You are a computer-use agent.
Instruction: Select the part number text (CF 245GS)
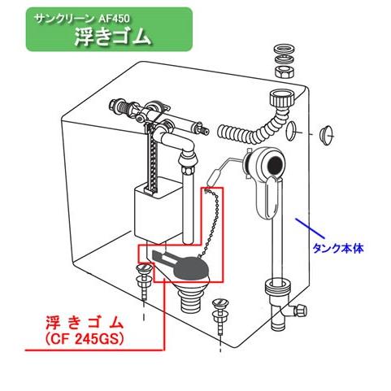click(75, 337)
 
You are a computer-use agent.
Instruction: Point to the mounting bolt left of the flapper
click(146, 280)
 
